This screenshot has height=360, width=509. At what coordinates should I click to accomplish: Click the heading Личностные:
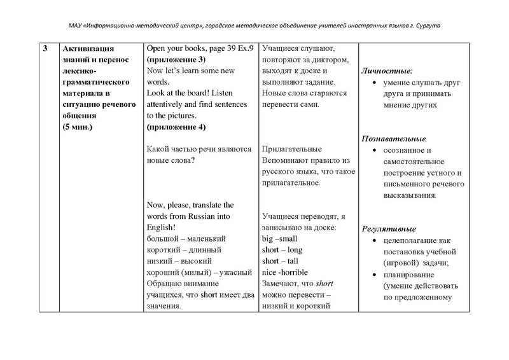pos(386,71)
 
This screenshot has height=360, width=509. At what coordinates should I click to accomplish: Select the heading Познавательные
pos(393,139)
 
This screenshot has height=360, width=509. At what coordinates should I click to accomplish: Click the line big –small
pos(280,239)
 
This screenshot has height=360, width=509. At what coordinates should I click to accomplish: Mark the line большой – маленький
pos(186,239)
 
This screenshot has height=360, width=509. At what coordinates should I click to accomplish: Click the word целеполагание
pos(409,240)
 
